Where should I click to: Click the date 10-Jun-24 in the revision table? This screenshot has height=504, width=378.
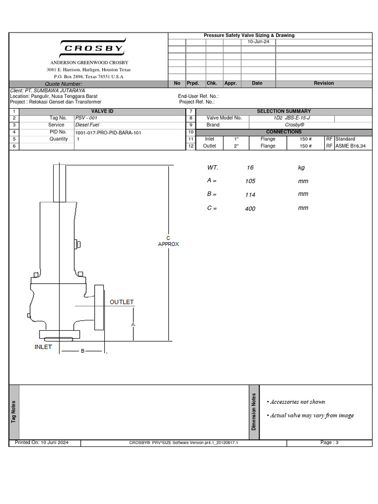click(257, 42)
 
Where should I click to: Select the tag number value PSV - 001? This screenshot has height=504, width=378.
click(86, 118)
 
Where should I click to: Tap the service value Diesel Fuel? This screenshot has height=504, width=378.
click(88, 125)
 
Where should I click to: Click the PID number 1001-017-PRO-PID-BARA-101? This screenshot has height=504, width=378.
click(108, 132)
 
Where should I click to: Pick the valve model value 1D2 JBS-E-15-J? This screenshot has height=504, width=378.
click(291, 118)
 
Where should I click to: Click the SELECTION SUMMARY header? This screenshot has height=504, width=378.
click(283, 111)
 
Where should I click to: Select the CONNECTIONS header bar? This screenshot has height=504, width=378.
click(283, 132)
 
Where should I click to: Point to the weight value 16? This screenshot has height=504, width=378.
click(250, 168)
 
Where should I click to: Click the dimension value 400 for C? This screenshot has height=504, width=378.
click(250, 209)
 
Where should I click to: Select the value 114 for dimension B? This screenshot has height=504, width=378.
click(250, 195)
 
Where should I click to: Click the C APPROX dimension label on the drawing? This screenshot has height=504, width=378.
click(168, 241)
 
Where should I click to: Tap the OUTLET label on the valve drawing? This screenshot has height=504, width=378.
click(122, 302)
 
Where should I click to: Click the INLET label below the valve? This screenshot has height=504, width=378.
click(43, 347)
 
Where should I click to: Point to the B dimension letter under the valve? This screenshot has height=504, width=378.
click(83, 351)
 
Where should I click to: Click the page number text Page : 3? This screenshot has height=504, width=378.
click(329, 442)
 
